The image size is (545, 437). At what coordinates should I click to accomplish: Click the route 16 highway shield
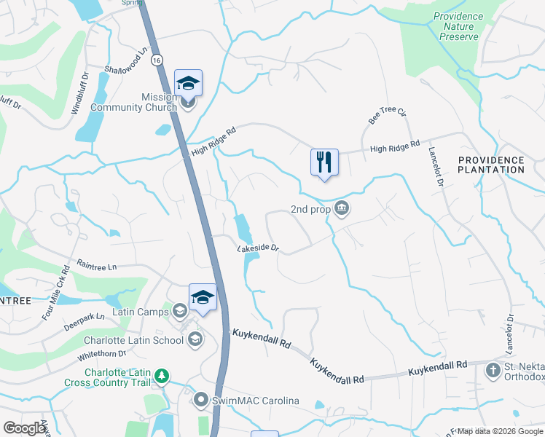157,61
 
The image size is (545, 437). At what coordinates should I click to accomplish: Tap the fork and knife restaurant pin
324,162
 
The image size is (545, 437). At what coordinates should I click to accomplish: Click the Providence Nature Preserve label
458,26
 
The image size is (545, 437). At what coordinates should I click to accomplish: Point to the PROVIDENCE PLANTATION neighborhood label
491,165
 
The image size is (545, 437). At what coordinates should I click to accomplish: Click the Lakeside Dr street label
259,248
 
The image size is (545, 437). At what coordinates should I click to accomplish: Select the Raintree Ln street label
97,267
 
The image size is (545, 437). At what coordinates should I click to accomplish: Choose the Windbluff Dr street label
79,93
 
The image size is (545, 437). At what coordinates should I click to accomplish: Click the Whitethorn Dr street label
101,356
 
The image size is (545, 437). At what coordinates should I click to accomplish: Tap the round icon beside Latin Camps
180,312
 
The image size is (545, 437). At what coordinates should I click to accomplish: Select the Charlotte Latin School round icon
195,339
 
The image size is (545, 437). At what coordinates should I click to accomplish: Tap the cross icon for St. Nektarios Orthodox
493,371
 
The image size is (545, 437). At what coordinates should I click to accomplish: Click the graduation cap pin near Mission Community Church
188,84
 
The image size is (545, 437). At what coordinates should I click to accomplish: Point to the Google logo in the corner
24,428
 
